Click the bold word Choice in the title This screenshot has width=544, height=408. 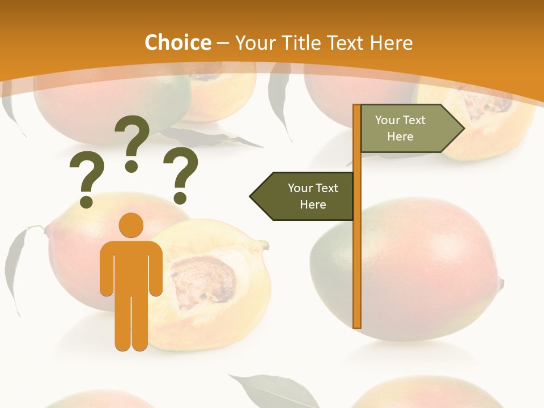click(x=177, y=42)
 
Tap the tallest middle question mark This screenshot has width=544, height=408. click(x=133, y=142)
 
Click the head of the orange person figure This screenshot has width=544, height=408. click(x=131, y=225)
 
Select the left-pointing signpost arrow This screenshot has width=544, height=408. click(x=303, y=196)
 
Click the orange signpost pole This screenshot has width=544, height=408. click(x=357, y=255)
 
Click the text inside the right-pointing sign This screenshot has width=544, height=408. click(x=400, y=128)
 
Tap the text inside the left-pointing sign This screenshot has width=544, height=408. click(x=313, y=196)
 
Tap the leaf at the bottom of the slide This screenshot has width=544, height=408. click(x=266, y=391)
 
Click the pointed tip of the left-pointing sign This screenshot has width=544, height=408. click(x=252, y=196)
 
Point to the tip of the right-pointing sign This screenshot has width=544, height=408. click(x=463, y=129)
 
